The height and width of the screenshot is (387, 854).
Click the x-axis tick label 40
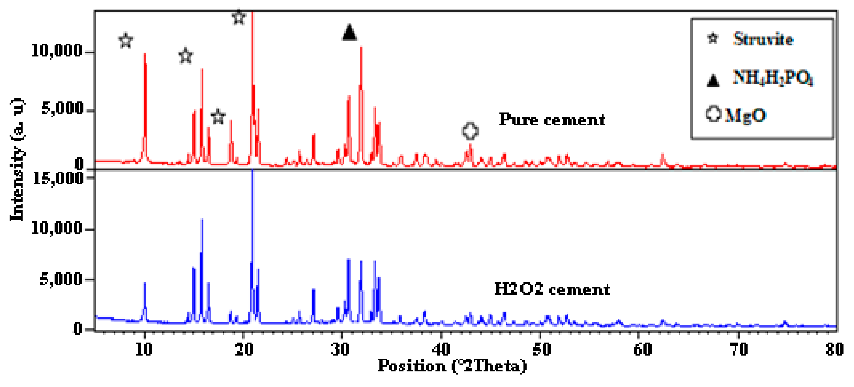441,350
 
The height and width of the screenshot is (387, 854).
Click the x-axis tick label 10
144,350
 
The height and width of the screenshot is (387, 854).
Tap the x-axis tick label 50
541,350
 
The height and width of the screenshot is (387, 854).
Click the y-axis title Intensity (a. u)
17,159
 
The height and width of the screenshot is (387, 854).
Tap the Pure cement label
552,120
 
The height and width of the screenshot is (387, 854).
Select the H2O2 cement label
552,289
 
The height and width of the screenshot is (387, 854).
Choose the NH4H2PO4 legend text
773,78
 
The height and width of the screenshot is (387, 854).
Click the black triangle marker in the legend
713,80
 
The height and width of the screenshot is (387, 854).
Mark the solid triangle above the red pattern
349,33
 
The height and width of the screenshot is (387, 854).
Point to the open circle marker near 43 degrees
470,131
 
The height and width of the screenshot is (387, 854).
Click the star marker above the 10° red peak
126,40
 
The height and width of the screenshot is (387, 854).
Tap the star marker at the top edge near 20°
239,17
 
